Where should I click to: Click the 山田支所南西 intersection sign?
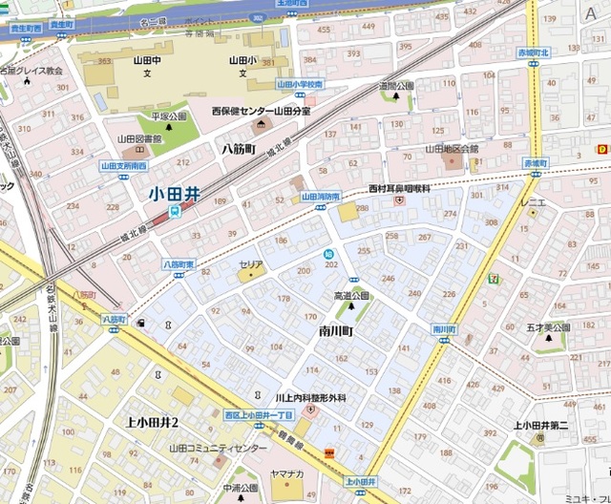[x=123, y=165]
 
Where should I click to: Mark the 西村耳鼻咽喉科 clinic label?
[x=401, y=189]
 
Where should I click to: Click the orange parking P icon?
[x=602, y=149]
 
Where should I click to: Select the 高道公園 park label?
[x=351, y=296]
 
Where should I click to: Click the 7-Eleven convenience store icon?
[x=494, y=279]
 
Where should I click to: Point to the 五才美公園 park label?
[x=548, y=327]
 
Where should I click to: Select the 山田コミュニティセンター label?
[x=219, y=449]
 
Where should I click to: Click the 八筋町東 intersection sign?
[x=179, y=263]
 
